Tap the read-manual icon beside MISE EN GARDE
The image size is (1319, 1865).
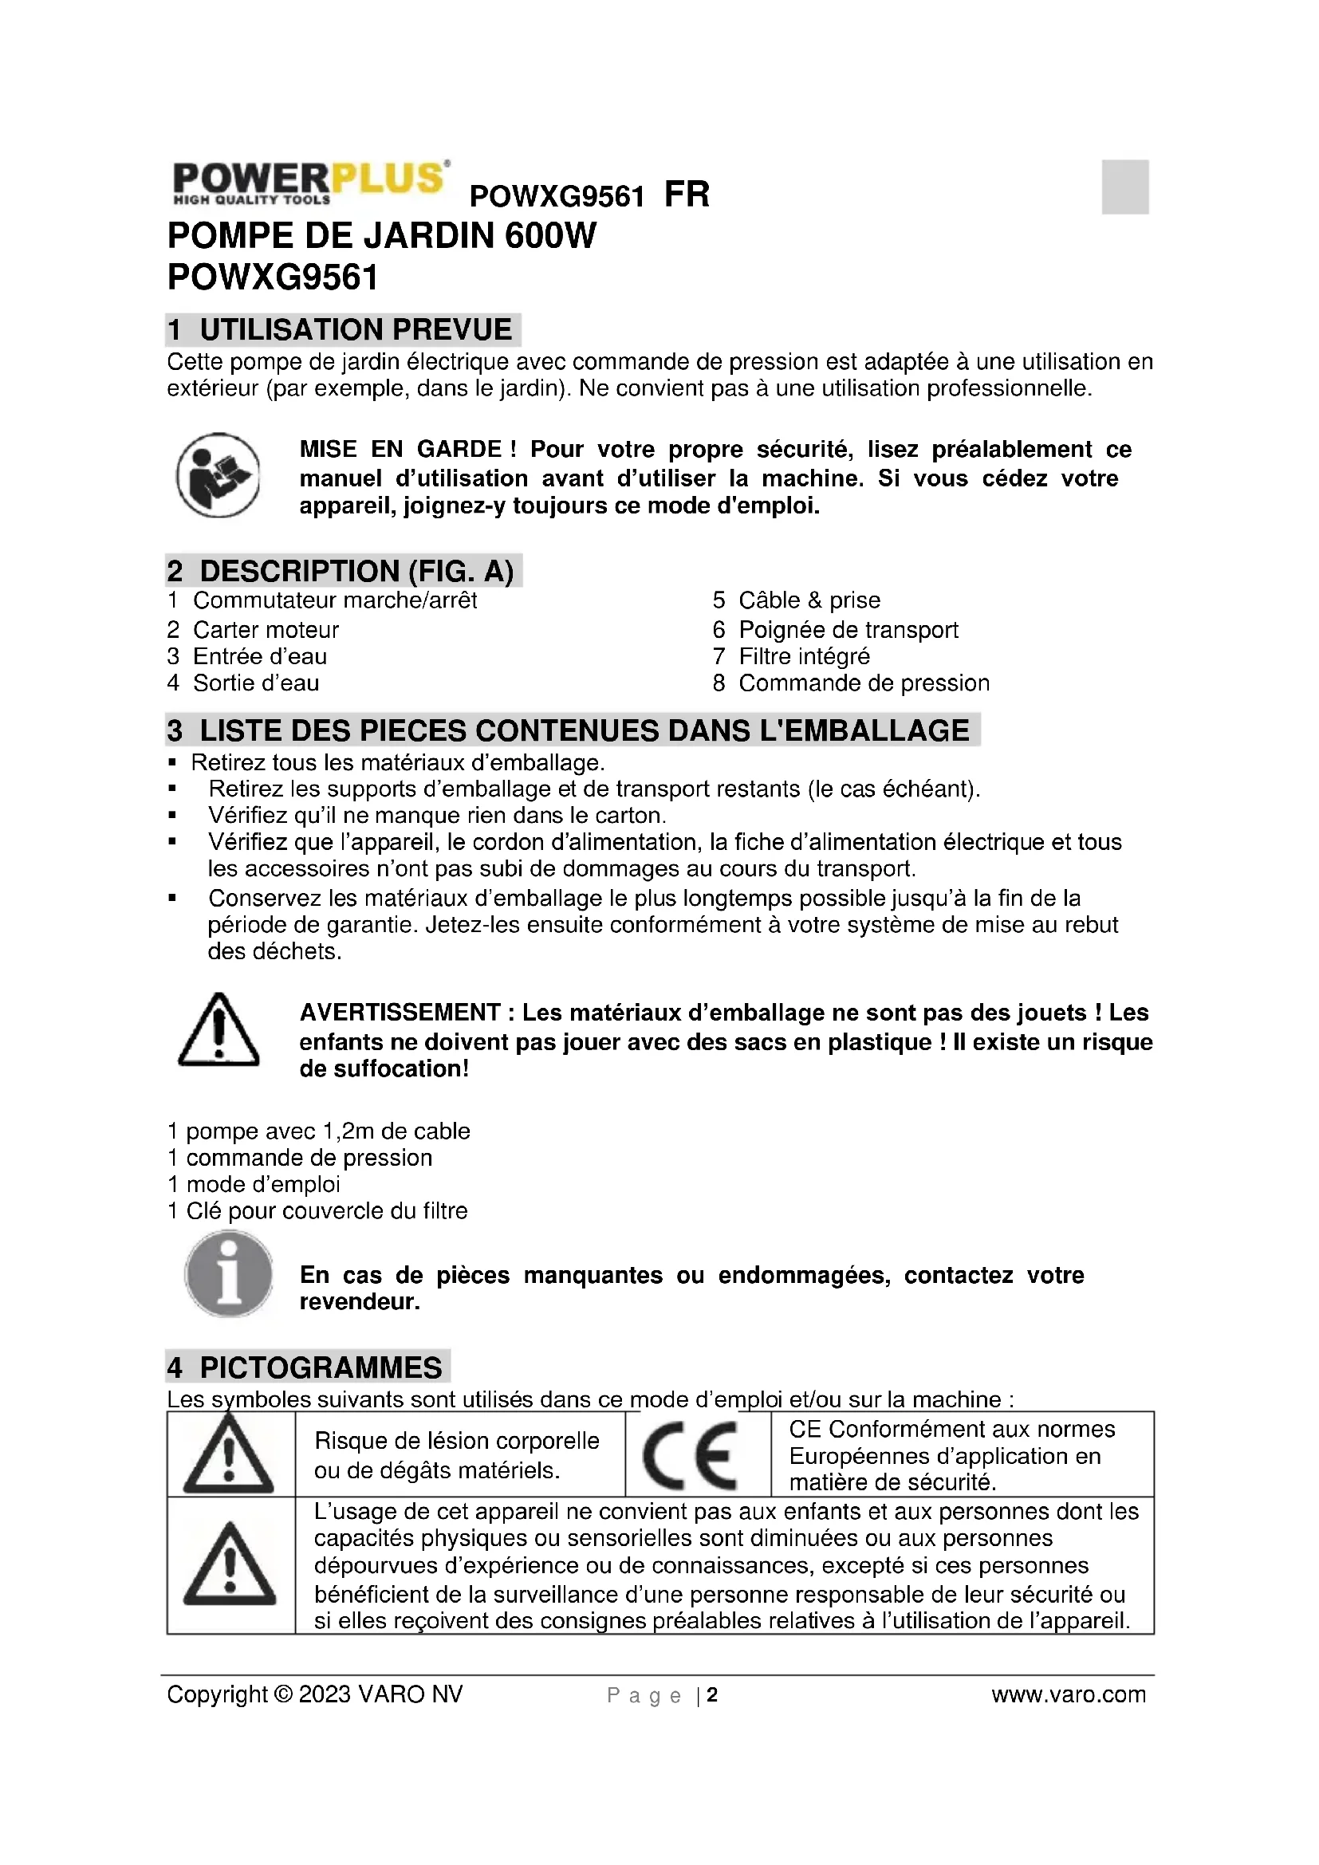(218, 476)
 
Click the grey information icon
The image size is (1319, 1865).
(228, 1273)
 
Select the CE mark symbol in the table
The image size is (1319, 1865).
(691, 1457)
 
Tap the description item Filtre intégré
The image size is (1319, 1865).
(803, 656)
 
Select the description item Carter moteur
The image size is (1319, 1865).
(266, 630)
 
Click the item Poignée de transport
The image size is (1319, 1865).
(848, 630)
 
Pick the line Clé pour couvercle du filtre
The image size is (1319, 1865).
(326, 1211)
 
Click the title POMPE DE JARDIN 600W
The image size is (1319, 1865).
(382, 236)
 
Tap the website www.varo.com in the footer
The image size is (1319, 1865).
(1068, 1694)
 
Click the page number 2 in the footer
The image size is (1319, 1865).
(712, 1694)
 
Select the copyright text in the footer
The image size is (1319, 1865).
(315, 1694)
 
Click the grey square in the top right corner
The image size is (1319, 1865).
(1125, 187)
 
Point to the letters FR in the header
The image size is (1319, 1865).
(687, 195)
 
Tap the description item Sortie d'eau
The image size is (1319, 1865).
(256, 683)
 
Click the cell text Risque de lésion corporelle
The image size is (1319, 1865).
(456, 1441)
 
